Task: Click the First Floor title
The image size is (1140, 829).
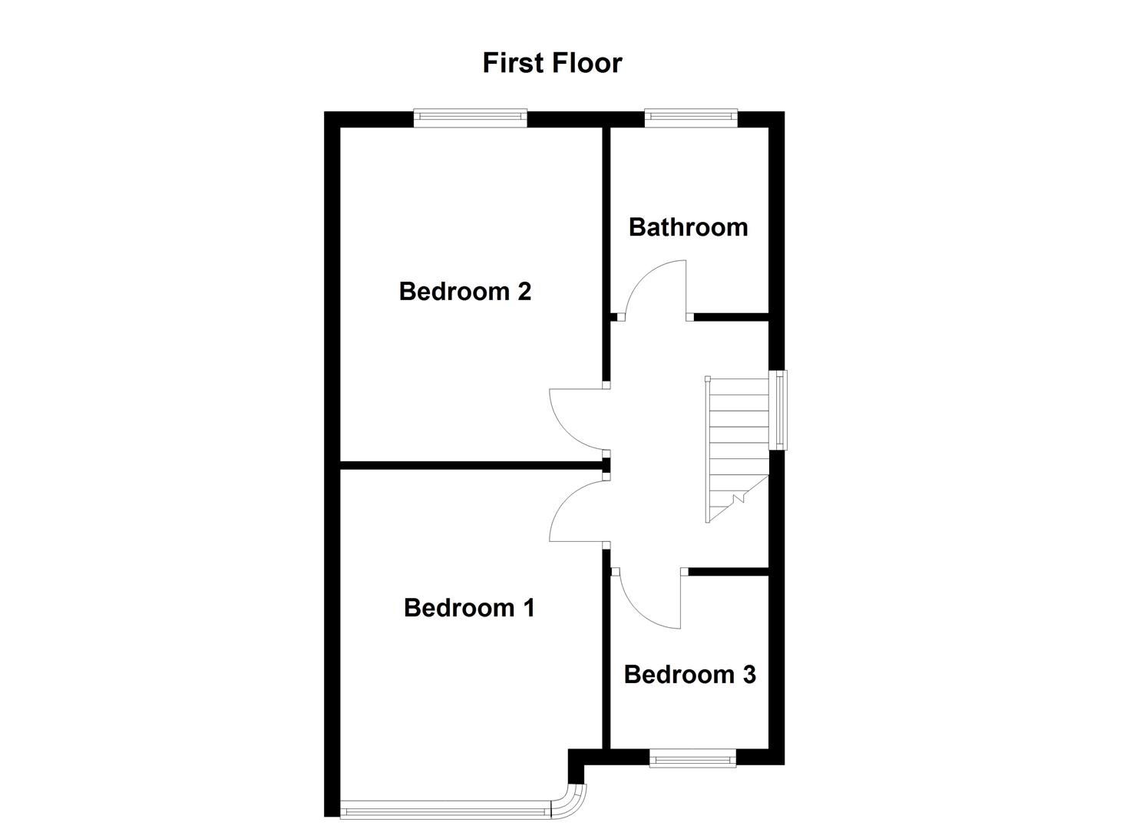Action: [552, 63]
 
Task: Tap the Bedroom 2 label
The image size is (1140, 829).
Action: [464, 292]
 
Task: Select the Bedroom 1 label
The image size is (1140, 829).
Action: [468, 608]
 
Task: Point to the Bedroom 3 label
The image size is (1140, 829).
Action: [689, 675]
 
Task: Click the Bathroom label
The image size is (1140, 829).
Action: [688, 227]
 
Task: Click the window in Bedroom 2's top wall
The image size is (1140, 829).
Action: [470, 118]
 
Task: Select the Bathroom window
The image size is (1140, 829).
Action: [690, 118]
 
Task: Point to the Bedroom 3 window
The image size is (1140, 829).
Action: [692, 758]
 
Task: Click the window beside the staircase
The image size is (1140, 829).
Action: [781, 410]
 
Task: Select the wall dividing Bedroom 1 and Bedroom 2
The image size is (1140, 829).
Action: [470, 464]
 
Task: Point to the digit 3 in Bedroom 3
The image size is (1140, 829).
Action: [748, 675]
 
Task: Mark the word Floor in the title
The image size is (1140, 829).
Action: [589, 63]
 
